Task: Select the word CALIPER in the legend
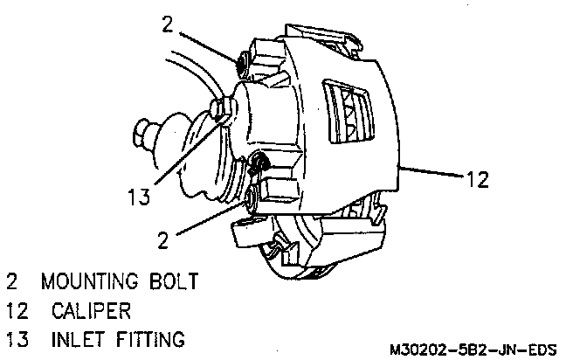tap(92, 310)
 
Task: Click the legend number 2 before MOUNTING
tap(12, 282)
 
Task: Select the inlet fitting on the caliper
tap(221, 109)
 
